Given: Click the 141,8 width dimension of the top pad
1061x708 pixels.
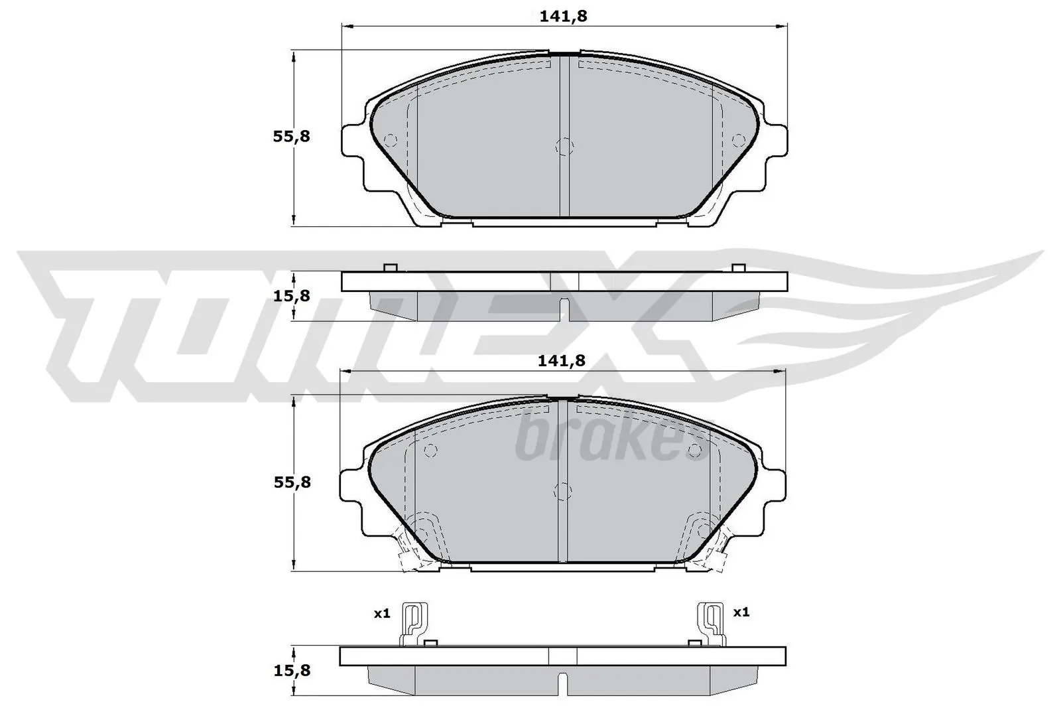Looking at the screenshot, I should pos(563,17).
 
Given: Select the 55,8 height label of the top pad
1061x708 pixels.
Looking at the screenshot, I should pos(292,137).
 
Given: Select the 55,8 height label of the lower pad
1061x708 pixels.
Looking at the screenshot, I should pos(292,482).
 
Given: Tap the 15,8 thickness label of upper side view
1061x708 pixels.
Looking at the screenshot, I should pos(292,296).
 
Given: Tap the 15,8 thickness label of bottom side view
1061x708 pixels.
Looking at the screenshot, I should pos(292,671).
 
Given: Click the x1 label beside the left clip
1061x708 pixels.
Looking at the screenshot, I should pos(381,614).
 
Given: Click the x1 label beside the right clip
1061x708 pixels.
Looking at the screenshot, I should pos(741,612).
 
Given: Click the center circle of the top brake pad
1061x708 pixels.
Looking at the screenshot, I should pos(563,147).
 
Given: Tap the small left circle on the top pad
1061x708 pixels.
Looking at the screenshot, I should pos(390,139).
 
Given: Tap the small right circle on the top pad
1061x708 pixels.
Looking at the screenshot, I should pos(737,139).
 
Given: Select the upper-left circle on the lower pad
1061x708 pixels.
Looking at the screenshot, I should pos(430,450).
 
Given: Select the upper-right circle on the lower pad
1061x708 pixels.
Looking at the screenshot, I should pos(694,451).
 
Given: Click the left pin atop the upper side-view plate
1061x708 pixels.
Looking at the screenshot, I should pos(390,267).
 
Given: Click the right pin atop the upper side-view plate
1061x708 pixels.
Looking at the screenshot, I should pos(738,267).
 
